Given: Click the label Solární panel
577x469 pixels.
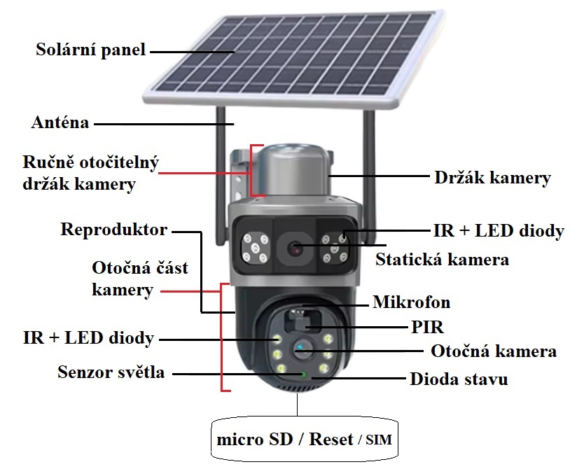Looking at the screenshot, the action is tap(90, 50).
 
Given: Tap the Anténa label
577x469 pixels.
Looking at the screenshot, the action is tap(60, 122).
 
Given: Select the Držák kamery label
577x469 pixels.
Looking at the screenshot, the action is tap(492, 178).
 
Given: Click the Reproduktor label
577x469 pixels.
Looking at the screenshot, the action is tap(113, 230).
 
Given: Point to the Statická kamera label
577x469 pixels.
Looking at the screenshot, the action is tap(442, 259).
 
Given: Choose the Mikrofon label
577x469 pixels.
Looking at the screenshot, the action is tap(412, 302).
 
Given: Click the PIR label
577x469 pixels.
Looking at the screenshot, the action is tap(427, 327).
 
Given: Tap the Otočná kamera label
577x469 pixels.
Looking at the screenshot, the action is tap(494, 351).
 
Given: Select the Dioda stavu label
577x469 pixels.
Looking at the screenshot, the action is tap(459, 379).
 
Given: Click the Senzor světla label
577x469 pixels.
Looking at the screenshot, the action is tap(111, 372).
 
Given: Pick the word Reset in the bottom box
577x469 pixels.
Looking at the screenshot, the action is tap(331, 439).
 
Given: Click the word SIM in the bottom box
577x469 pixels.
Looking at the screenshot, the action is tap(379, 440).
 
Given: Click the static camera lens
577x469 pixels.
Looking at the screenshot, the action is tap(296, 248).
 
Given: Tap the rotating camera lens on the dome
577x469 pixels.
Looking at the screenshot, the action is tap(303, 349).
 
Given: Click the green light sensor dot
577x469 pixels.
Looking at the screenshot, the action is tap(304, 374).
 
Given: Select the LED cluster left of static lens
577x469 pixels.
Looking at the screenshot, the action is tap(255, 248).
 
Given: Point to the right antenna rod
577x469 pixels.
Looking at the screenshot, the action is tap(369, 176).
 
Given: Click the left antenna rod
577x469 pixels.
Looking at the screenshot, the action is tap(221, 176).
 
